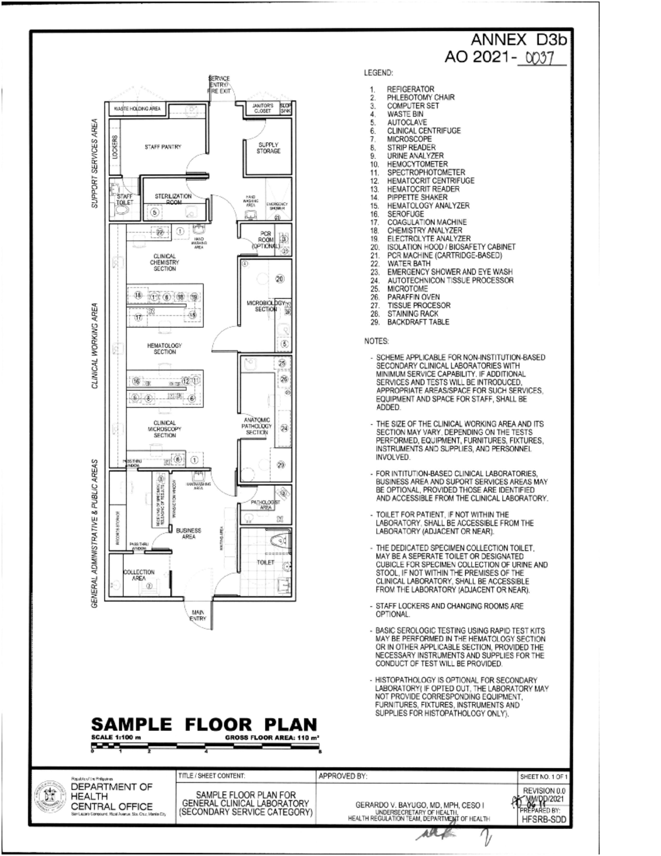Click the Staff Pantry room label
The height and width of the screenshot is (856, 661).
point(162,147)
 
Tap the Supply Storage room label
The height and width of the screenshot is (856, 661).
point(268,148)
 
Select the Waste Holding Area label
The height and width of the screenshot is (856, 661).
point(137,109)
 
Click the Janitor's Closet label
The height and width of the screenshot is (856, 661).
point(262,108)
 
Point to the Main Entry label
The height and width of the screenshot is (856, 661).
point(198,616)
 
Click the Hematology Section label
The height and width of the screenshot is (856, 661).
point(164,348)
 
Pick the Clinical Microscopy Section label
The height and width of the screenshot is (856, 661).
point(164,429)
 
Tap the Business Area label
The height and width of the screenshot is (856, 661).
point(188,533)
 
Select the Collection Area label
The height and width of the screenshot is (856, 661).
point(139,575)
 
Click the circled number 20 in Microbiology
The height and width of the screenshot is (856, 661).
point(279,279)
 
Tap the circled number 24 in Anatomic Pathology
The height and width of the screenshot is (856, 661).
point(284,428)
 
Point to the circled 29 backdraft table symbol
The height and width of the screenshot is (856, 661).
point(280,465)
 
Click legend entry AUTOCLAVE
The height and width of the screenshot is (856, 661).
point(407,122)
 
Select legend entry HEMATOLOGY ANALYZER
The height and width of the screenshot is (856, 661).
point(428,206)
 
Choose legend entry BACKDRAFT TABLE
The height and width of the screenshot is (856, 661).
point(418,322)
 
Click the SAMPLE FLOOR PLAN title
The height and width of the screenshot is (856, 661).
point(204,724)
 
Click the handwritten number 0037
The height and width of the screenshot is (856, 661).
point(539,57)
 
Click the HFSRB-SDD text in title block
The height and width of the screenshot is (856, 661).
point(543,820)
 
